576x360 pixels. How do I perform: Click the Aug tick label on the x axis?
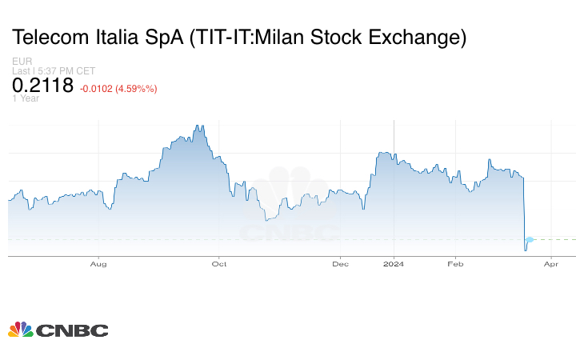[98, 263]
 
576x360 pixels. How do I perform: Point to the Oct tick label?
[219, 263]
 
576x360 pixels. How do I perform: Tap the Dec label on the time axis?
[341, 263]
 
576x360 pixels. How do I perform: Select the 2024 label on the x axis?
[394, 263]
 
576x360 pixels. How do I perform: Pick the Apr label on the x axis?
[551, 263]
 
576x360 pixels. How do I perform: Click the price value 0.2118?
[42, 86]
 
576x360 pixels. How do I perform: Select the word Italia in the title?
[121, 37]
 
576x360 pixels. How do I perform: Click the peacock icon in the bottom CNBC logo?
[20, 330]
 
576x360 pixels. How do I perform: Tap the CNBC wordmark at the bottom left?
[71, 330]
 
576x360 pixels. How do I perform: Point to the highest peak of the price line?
[196, 126]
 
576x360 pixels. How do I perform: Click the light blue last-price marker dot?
[529, 239]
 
